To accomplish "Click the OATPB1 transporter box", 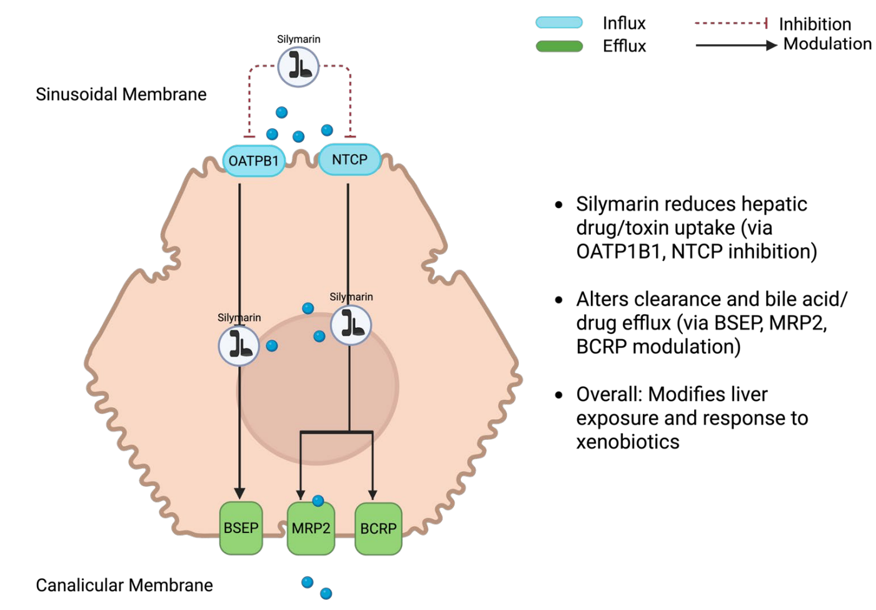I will coord(253,161).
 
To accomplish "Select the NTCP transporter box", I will coord(350,160).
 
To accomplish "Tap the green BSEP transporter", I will coord(241,528).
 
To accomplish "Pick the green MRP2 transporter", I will coord(311,529).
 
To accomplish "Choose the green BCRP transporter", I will coord(378,529).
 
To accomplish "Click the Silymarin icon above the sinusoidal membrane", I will coord(298,66).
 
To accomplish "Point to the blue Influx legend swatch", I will coord(559,23).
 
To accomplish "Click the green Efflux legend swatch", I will coord(559,46).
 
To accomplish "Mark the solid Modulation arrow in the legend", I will coord(735,45).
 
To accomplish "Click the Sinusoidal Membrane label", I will coord(121,94).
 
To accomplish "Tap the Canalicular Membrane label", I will coord(124,586).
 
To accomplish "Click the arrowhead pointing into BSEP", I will coord(239,494).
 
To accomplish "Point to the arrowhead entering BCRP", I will coord(373,495).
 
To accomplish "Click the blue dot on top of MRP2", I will coord(318,501).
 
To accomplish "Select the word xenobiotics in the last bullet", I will coord(627,442).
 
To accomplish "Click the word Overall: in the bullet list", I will coord(609,394).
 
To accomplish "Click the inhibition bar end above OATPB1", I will coord(249,136).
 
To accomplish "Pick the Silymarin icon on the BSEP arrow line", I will coord(239,345).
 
